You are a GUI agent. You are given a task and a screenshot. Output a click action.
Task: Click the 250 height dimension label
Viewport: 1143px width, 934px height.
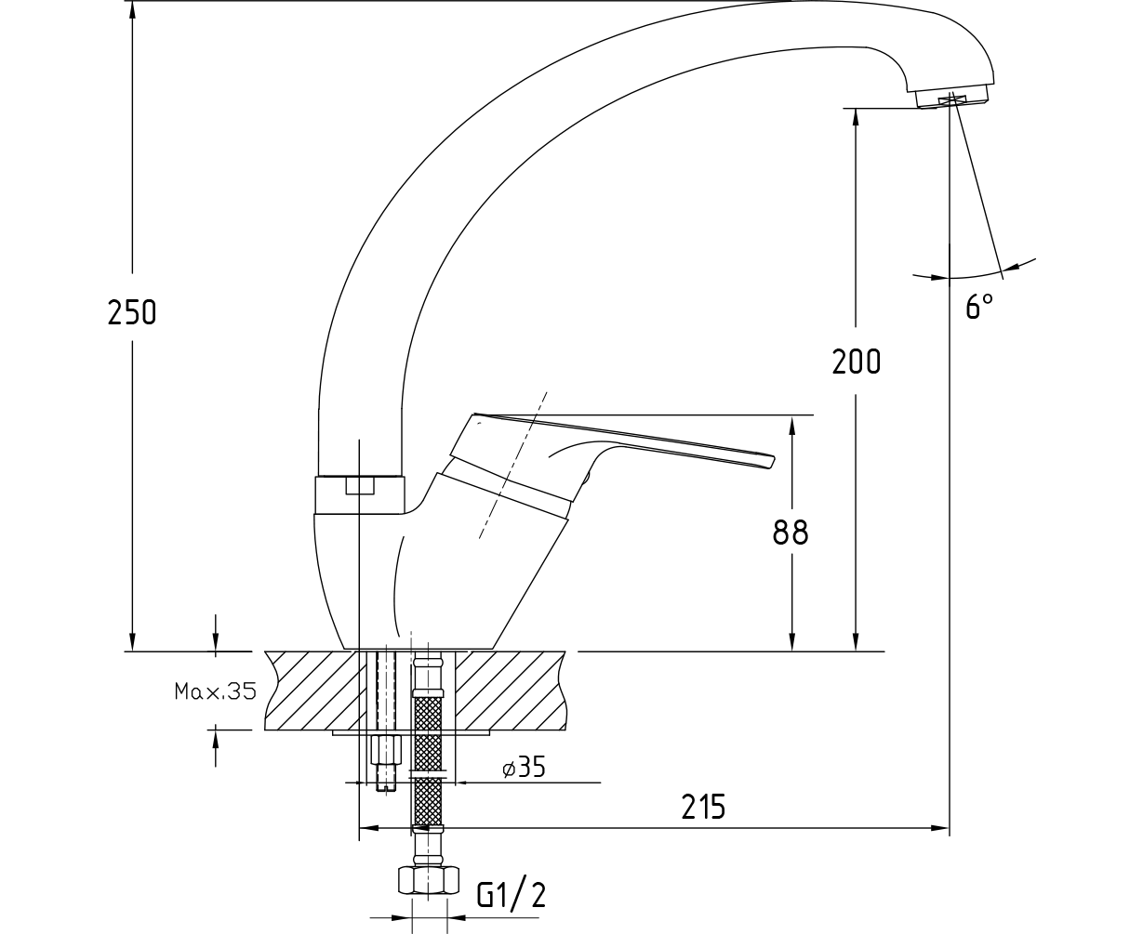click(x=132, y=312)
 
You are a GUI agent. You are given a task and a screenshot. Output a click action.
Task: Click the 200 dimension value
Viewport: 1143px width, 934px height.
click(x=857, y=362)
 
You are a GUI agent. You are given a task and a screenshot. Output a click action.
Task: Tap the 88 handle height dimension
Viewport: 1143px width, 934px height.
click(x=791, y=533)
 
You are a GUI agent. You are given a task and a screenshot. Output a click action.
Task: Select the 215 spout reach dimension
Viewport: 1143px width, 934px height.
click(x=703, y=807)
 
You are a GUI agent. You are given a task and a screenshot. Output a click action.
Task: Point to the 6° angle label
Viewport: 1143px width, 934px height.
click(x=979, y=306)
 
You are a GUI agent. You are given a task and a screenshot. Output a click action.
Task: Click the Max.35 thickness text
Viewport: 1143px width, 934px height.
click(x=215, y=691)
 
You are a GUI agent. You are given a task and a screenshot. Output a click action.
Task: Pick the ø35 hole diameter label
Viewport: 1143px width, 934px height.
click(x=524, y=768)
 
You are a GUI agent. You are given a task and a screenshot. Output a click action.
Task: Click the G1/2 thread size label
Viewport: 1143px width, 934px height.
click(x=512, y=894)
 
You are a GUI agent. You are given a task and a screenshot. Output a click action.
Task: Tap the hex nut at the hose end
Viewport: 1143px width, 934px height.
click(x=428, y=880)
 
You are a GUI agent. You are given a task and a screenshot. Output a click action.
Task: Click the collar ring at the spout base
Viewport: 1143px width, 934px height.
click(x=359, y=494)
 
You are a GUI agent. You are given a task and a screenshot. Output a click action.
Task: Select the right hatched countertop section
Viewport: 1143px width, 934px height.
click(x=511, y=691)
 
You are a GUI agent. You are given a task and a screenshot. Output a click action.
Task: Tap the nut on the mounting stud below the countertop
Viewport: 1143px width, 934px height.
click(x=385, y=749)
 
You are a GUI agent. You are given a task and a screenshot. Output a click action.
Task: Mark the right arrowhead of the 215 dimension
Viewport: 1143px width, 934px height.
click(x=939, y=828)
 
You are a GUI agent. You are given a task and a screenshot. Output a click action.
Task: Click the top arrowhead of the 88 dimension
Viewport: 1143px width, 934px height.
click(x=791, y=425)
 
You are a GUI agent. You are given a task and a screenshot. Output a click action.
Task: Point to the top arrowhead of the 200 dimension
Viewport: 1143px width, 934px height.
click(x=856, y=118)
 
